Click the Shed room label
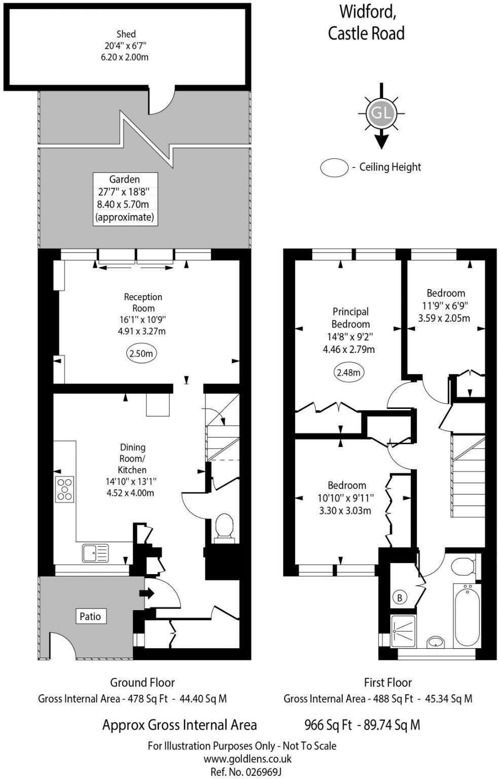coord(126,34)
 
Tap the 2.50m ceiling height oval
coord(141,353)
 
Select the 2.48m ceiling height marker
coord(349,373)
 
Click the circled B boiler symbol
coord(400,598)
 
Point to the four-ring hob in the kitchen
coord(65,489)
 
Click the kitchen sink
coord(95,553)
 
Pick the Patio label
coord(90,616)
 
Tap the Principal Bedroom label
coord(350,317)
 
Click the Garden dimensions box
coord(125,198)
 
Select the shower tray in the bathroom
coord(404,631)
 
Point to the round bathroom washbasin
coord(435,642)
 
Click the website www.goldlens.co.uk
coord(247,759)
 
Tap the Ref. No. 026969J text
coord(246,771)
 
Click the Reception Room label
coord(144,302)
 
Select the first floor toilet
coord(462,566)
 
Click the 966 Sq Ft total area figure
coord(328,725)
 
